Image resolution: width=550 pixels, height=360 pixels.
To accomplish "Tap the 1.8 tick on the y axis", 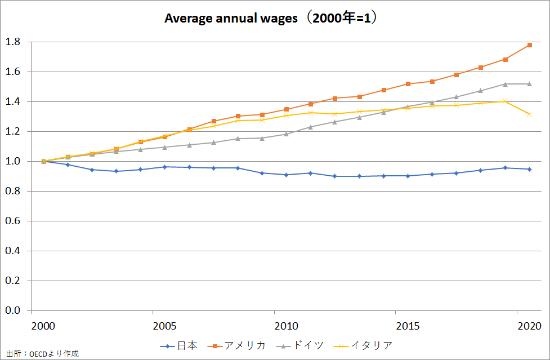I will pos(13,42).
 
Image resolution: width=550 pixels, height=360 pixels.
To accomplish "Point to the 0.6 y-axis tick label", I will pos(13,221).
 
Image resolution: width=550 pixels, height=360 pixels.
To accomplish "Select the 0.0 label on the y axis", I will pos(13,310).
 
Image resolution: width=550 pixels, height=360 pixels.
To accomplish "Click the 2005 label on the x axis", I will pos(164,326).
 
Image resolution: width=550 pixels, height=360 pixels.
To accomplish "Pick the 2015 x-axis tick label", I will pos(407,326).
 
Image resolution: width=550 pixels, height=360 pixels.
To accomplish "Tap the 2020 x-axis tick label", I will pos(529,326).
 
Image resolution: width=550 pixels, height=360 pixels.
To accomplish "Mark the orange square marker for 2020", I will pos(530,45).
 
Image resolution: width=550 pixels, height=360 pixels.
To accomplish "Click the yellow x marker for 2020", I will pos(530,114).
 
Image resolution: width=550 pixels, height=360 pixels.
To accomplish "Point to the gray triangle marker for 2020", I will pos(530,84).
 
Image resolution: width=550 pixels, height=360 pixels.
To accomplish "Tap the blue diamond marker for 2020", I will pos(530,169).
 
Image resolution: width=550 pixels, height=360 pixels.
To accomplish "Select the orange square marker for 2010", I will pos(287,109).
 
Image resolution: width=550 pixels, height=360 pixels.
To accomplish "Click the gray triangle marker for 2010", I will pos(287,134).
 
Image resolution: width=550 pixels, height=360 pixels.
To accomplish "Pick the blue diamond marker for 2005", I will pos(165,167).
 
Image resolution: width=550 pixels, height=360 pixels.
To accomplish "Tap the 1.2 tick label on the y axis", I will pos(13,131).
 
